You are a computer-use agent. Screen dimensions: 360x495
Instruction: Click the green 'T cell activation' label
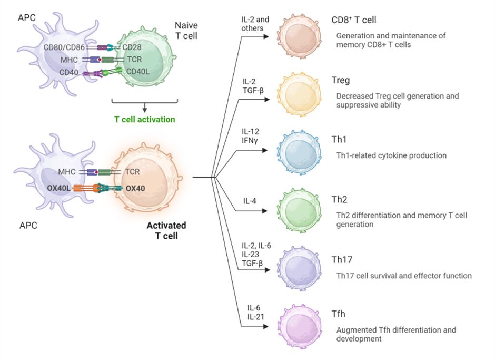144,119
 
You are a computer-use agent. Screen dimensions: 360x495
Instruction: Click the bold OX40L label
60,188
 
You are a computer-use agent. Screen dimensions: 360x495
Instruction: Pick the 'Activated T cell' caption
166,231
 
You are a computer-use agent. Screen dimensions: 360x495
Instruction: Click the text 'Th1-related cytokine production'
391,155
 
